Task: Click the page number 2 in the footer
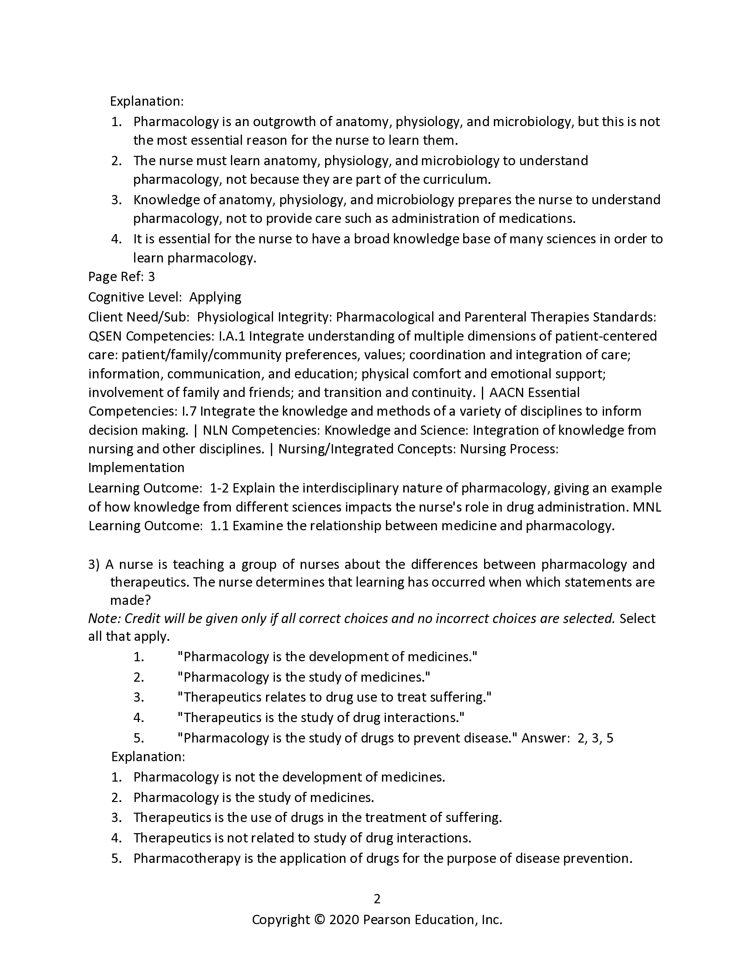pos(377,899)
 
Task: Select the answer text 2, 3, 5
pos(595,738)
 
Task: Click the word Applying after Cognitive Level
pos(215,297)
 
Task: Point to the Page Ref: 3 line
pos(121,277)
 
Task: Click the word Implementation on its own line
pos(136,468)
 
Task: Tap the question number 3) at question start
pos(94,564)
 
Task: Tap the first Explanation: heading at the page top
pos(147,102)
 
